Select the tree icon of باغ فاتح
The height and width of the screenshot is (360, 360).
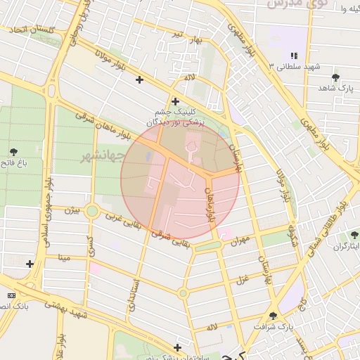[13, 151]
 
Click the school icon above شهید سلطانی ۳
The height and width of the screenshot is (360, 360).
[293, 55]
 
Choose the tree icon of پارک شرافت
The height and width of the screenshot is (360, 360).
[273, 316]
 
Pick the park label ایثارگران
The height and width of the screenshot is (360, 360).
[345, 246]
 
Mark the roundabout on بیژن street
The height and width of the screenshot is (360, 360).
[91, 210]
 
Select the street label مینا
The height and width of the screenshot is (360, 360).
[64, 259]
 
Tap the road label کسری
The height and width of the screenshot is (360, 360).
[90, 245]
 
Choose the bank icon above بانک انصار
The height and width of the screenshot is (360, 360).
[10, 295]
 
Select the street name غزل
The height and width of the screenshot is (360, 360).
[243, 280]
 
